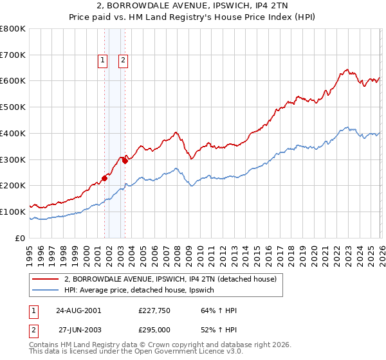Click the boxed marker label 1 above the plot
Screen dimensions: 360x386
pyautogui.click(x=102, y=61)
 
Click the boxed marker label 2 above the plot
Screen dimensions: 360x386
pyautogui.click(x=123, y=61)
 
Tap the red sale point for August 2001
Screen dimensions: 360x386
pyautogui.click(x=104, y=178)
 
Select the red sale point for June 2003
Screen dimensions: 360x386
pyautogui.click(x=125, y=161)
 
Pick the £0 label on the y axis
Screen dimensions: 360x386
pyautogui.click(x=19, y=238)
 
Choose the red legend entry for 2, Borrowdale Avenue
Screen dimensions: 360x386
pyautogui.click(x=170, y=279)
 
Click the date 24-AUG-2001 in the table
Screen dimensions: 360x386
pyautogui.click(x=78, y=310)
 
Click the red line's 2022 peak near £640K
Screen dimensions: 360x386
pyautogui.click(x=346, y=69)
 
